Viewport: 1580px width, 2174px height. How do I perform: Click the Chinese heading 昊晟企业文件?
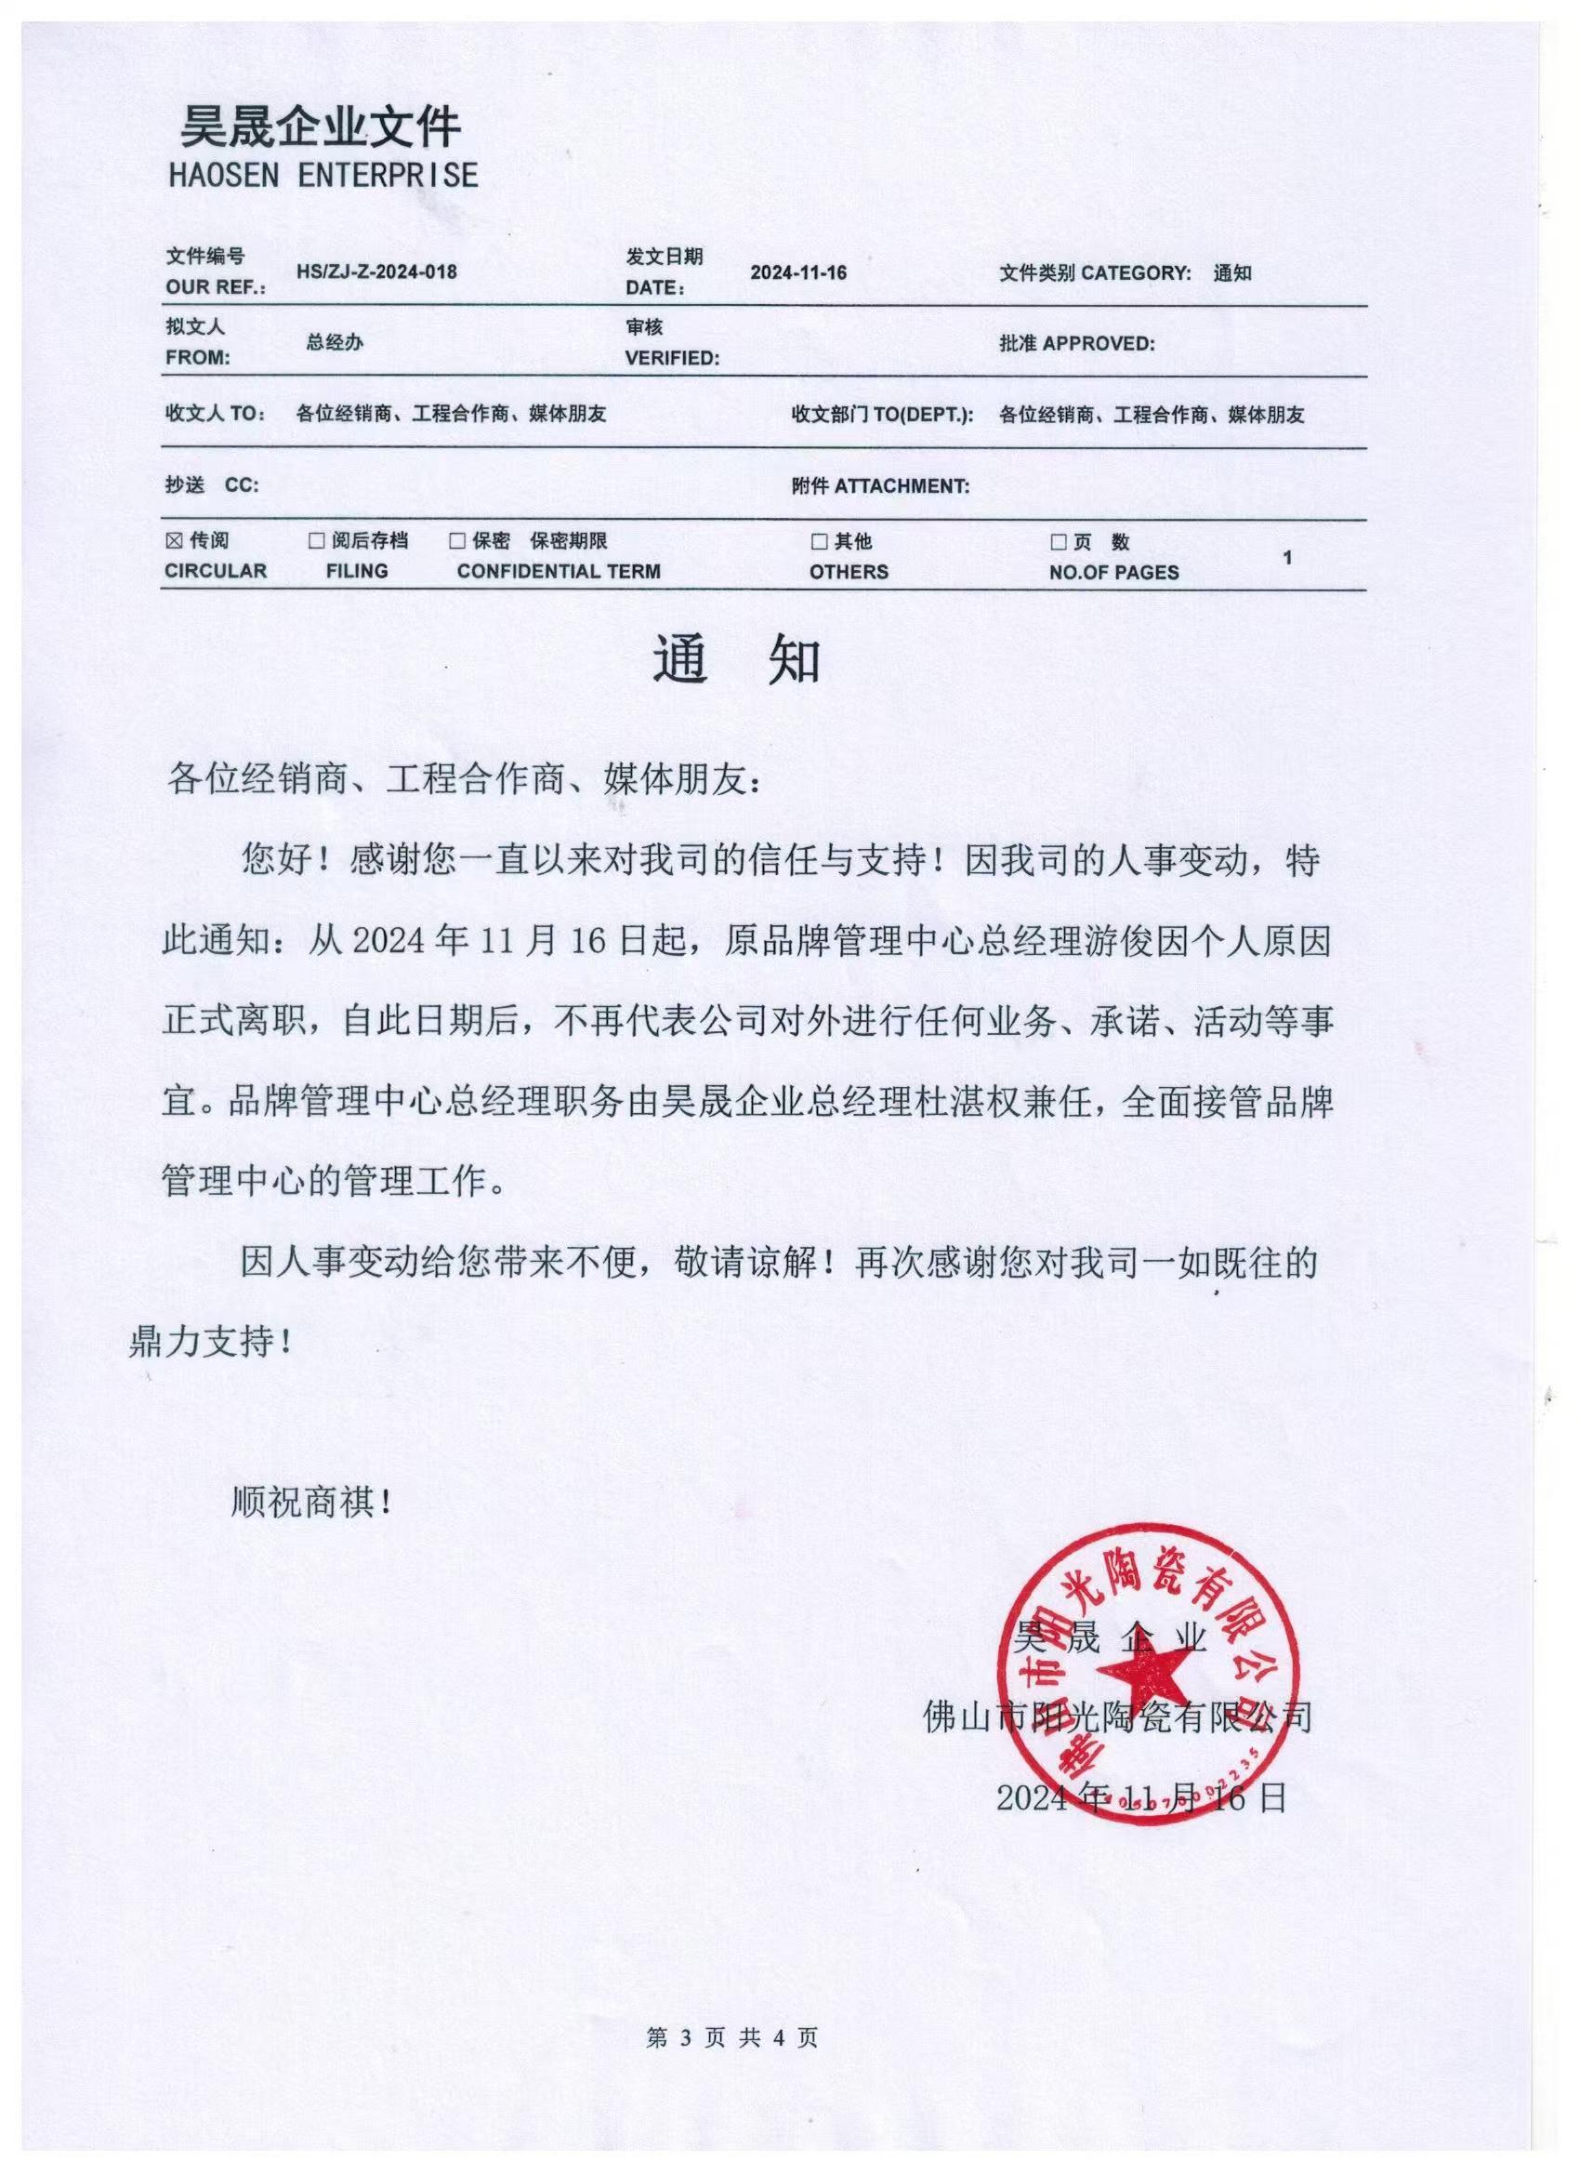[321, 126]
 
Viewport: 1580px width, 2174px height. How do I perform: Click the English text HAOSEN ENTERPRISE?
[323, 176]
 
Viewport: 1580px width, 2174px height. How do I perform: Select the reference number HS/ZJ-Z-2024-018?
[376, 272]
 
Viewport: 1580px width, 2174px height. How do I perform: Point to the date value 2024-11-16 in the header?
[798, 272]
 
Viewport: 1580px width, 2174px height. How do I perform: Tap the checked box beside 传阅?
[174, 541]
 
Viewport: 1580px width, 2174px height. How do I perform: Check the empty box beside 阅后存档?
[316, 541]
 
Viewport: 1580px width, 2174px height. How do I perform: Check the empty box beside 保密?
[457, 541]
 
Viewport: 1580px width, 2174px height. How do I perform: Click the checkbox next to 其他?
[819, 542]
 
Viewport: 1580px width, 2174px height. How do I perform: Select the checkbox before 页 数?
[1059, 542]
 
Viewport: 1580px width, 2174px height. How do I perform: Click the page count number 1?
[1288, 557]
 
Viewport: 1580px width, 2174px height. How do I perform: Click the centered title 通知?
[737, 660]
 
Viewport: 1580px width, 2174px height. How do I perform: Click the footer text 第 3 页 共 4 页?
[733, 2036]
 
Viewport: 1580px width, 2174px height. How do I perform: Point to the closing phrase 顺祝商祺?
[312, 1501]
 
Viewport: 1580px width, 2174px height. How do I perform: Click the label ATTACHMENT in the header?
[902, 486]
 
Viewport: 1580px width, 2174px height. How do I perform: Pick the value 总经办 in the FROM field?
[335, 342]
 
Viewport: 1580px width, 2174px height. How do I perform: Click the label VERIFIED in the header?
[672, 359]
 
